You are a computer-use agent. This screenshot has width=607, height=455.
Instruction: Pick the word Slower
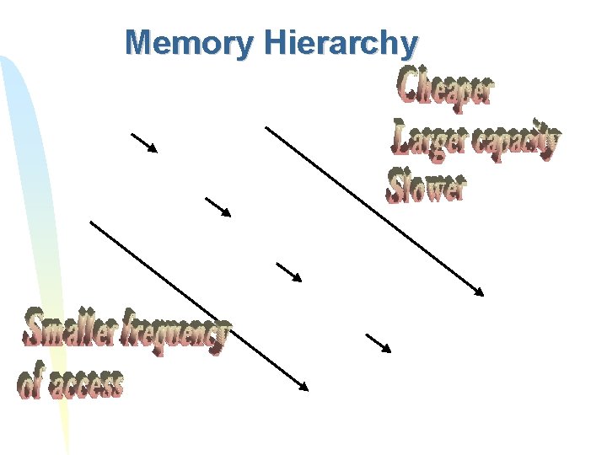coord(427,185)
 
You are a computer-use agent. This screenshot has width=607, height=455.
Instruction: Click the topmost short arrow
coord(144,142)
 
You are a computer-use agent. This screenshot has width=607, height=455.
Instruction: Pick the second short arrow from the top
coord(218,206)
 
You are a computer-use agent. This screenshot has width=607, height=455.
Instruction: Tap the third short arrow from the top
coord(289,271)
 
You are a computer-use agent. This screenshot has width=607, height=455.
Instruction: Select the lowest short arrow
coord(379,342)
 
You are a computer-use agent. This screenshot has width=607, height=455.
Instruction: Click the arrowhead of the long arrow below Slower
coord(480,292)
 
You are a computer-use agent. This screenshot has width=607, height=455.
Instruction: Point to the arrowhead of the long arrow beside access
coord(304,387)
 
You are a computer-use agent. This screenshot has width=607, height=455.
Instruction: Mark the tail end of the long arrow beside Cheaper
coord(266,127)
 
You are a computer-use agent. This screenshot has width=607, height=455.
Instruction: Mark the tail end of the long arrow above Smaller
coord(91,222)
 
